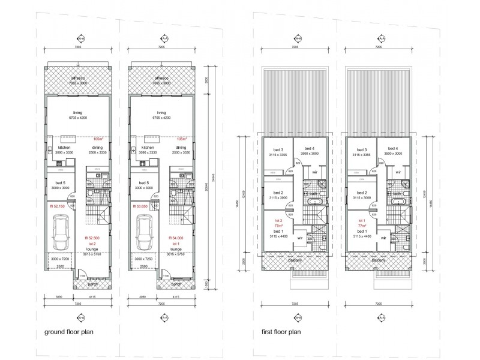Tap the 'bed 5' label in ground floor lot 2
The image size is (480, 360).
(59, 183)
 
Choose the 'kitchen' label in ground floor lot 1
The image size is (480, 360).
(148, 147)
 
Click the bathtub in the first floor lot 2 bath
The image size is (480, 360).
(310, 203)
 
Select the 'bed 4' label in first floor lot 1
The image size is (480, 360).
(393, 148)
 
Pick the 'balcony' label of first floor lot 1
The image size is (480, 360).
(378, 260)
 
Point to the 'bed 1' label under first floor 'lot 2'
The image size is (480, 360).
(278, 231)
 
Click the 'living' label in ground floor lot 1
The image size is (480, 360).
(161, 112)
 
